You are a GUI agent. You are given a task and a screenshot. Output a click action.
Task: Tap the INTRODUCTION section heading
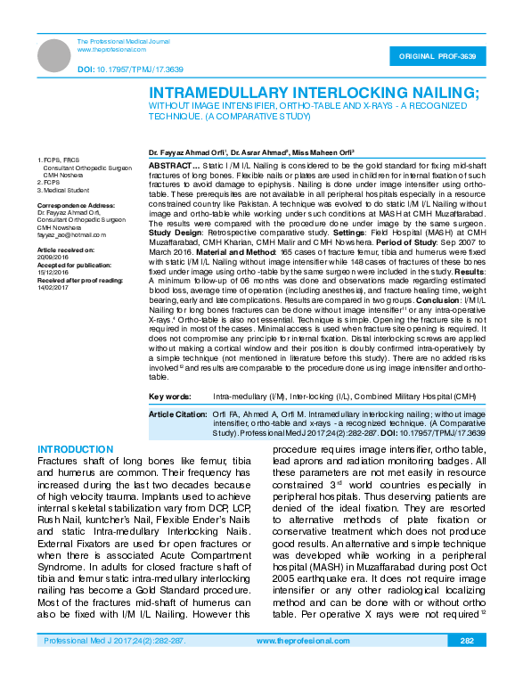pyautogui.click(x=76, y=447)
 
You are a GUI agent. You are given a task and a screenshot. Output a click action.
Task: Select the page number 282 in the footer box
pyautogui.click(x=467, y=665)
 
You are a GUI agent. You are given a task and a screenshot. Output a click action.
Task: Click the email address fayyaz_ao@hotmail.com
pyautogui.click(x=71, y=234)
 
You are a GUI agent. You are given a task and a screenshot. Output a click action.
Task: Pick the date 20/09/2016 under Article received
pyautogui.click(x=53, y=258)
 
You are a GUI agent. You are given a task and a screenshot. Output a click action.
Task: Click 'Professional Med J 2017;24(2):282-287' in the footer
pyautogui.click(x=109, y=665)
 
